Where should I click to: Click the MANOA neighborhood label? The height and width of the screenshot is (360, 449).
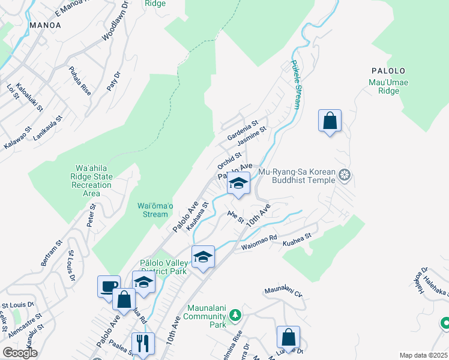coord(44,25)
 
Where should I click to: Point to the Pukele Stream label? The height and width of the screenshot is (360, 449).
coord(296,85)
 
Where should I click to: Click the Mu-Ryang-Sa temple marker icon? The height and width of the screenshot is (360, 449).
coord(344,175)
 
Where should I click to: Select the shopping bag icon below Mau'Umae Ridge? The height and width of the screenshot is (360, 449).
coord(330,121)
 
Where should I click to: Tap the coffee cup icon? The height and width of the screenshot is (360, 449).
coord(109,286)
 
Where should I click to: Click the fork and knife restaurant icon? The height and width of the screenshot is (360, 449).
coord(143,343)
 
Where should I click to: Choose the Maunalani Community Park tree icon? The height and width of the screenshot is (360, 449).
coord(236,314)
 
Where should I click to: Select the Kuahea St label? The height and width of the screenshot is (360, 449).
coord(298,237)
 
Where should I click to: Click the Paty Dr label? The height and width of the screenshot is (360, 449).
coord(113,81)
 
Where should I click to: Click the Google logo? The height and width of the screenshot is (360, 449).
coord(20,353)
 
